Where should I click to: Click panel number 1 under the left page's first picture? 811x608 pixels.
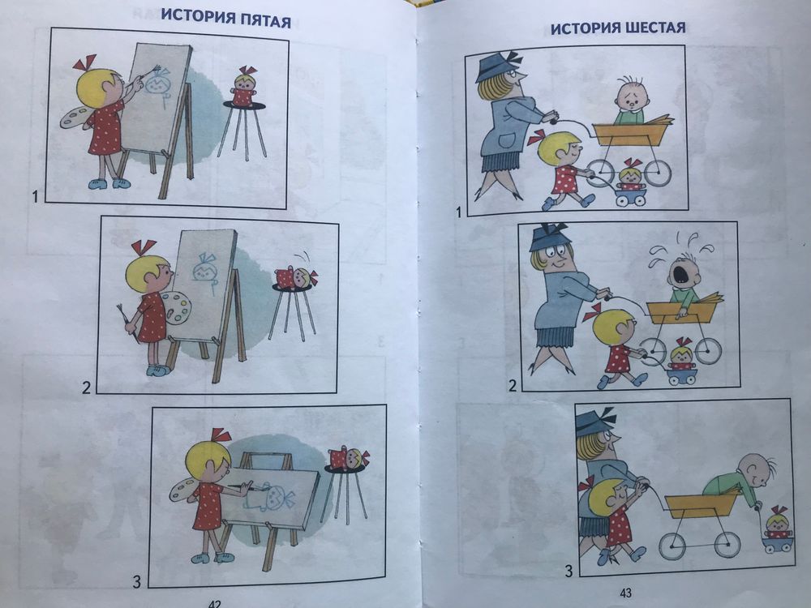point(35,195)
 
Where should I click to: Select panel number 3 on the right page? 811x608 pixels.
point(568,571)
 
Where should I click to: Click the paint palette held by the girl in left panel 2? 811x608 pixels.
point(176,308)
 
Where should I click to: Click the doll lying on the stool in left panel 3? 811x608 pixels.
point(348,458)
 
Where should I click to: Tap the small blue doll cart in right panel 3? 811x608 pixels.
point(778,542)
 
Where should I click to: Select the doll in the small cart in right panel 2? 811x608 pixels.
point(681,354)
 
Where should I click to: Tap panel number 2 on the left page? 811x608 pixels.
point(86,386)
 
